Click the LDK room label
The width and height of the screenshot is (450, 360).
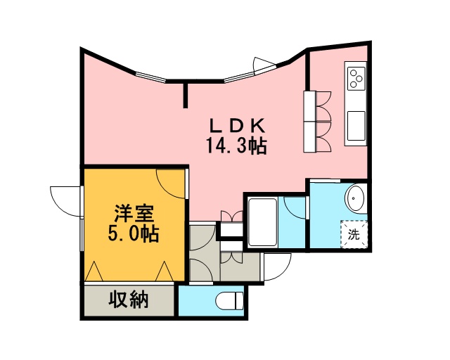click(237, 125)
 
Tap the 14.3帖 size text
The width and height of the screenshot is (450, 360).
click(236, 146)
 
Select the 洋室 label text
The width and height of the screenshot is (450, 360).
click(134, 214)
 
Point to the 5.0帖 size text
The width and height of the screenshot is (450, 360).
click(134, 234)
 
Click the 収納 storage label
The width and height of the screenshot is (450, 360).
click(128, 300)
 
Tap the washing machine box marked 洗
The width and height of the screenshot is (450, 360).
click(354, 234)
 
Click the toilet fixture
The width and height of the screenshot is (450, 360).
click(229, 301)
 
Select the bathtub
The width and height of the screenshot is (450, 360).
click(262, 222)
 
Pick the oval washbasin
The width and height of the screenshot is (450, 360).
click(356, 198)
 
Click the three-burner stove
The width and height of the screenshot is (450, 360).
click(356, 77)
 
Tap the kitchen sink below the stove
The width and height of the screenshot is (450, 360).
click(356, 126)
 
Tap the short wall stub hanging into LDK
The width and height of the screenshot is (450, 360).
click(186, 96)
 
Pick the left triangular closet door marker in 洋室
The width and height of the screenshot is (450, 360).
click(94, 271)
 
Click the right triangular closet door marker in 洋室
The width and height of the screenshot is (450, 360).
click(165, 271)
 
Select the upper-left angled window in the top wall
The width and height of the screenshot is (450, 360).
click(150, 77)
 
